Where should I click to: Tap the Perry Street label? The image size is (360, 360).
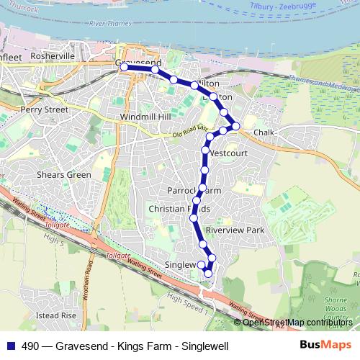coord(45,110)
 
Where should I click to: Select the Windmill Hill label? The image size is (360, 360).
coord(143,116)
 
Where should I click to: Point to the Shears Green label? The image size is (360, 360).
coord(64,174)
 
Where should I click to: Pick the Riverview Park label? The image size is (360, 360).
coord(235,230)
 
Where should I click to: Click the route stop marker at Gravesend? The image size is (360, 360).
coord(125,66)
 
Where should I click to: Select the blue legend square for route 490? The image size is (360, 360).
coord(9,346)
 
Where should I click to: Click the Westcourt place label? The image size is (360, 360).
coord(229,153)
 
